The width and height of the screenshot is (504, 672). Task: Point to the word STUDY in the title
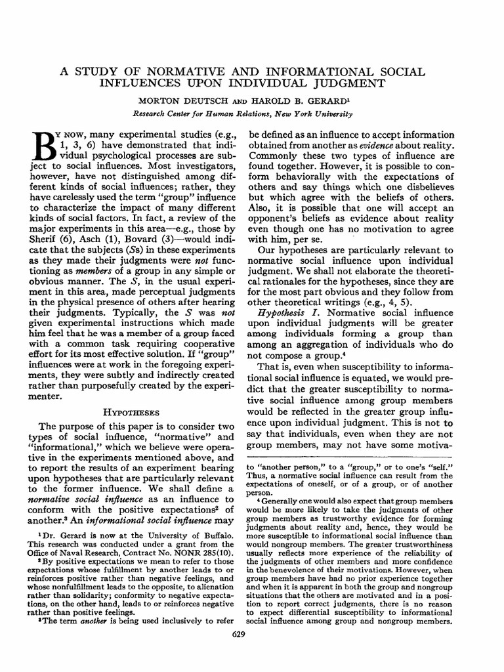click(105, 70)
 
